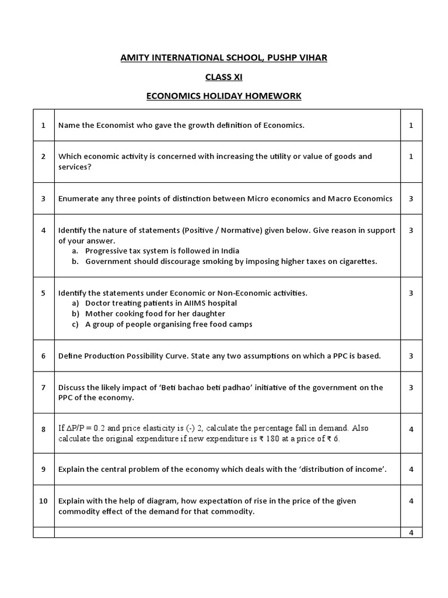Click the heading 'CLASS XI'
pos(223,77)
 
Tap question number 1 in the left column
pos(43,125)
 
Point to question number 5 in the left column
pos(43,293)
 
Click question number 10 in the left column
pos(43,501)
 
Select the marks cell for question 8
pos(411,429)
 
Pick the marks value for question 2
pos(411,157)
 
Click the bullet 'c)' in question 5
pos(75,324)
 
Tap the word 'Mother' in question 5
pos(99,314)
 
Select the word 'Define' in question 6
pos(71,356)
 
